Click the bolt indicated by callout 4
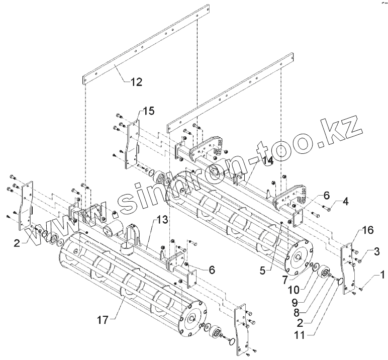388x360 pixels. [322, 207]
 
